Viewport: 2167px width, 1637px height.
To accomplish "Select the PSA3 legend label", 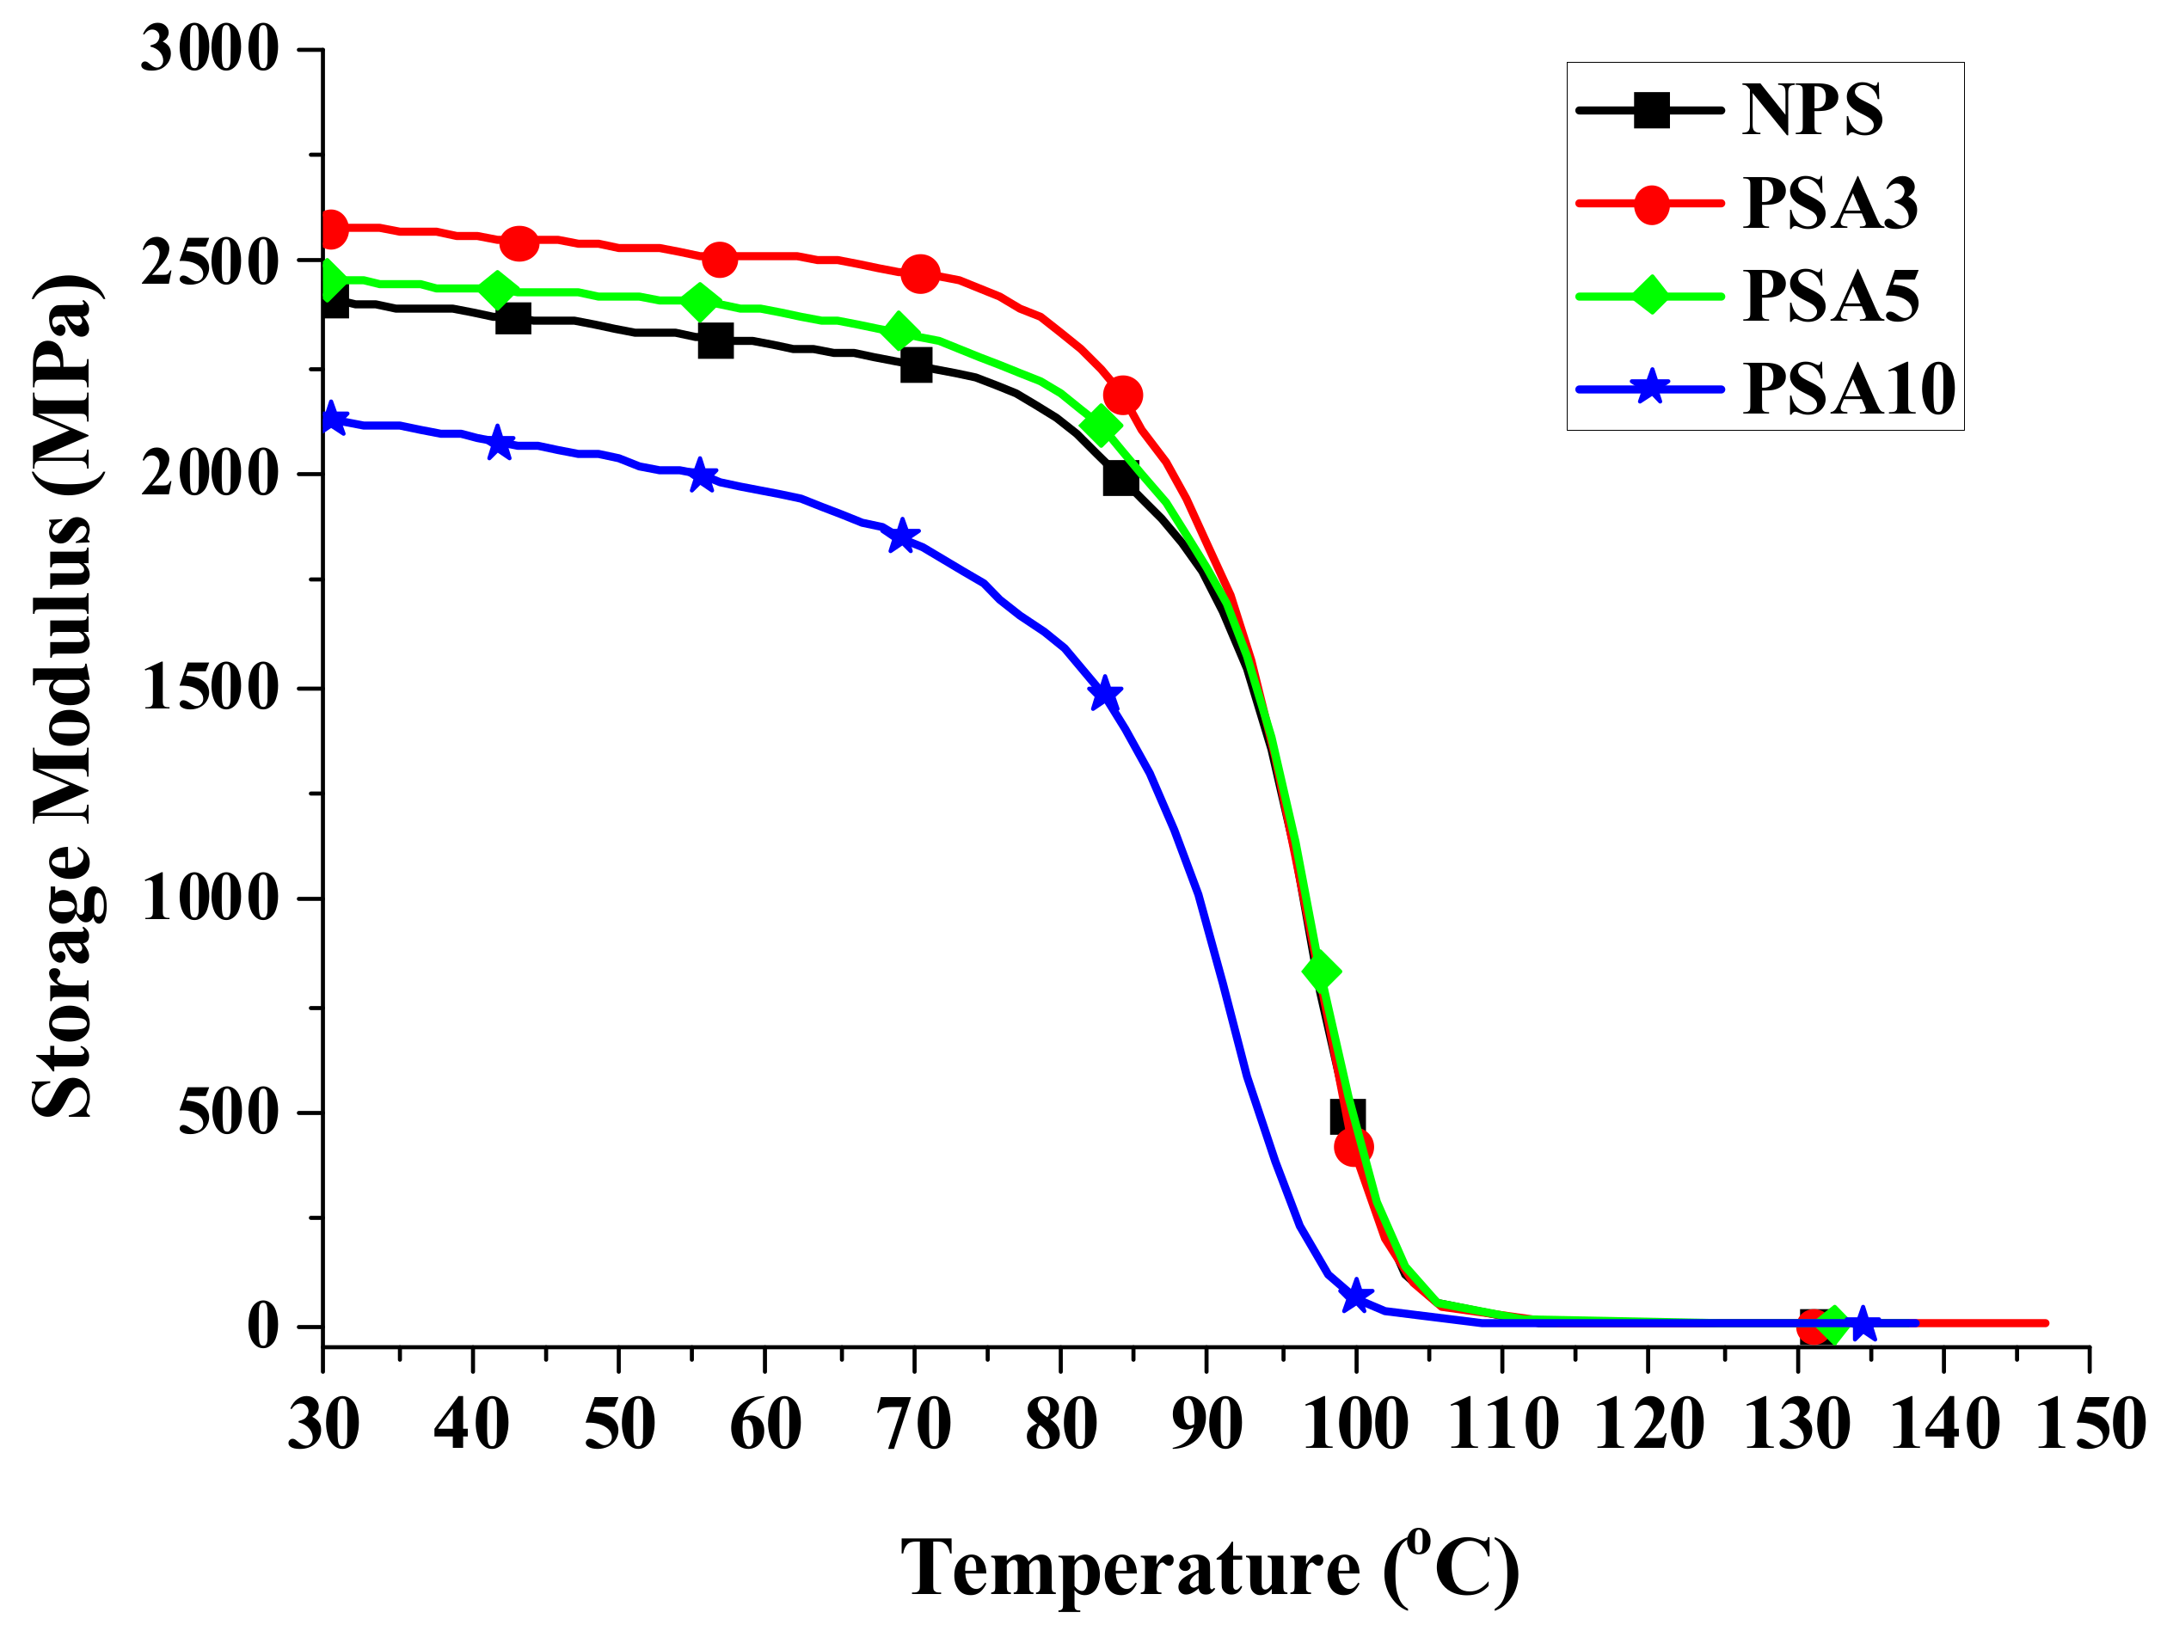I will point(1829,204).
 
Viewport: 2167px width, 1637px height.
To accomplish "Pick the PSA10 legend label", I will point(1848,389).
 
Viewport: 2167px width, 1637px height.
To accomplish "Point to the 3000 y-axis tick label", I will point(210,48).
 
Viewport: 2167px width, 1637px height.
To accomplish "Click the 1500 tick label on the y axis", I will point(210,688).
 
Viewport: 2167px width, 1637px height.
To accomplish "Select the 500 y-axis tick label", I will point(228,1113).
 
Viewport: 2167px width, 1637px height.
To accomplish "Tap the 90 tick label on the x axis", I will point(1207,1425).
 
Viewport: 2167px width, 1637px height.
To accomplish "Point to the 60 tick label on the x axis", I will point(765,1425).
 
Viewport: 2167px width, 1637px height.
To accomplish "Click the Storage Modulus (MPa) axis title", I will point(64,696).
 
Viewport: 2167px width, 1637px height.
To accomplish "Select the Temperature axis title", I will point(1209,1567).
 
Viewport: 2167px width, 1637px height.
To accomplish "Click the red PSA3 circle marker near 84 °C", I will point(1121,395).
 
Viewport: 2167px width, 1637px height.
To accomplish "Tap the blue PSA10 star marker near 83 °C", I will point(1104,694).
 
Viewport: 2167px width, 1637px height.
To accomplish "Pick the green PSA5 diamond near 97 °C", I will point(1321,971).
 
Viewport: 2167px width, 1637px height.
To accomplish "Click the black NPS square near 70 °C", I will point(916,365).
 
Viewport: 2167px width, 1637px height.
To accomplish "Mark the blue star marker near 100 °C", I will point(1355,1296).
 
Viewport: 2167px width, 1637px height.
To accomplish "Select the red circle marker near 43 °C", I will point(519,242).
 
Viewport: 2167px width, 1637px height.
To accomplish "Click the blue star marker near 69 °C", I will point(902,536).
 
